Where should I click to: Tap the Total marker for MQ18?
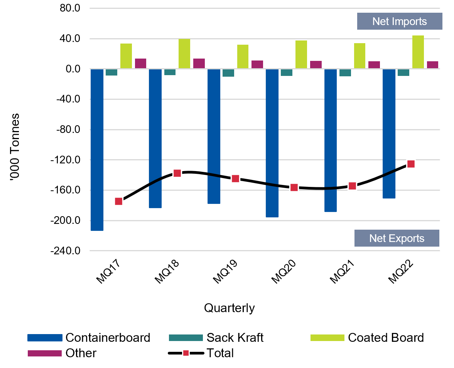click(177, 173)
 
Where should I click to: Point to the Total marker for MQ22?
click(411, 164)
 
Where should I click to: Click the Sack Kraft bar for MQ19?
click(228, 73)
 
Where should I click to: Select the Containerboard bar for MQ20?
click(272, 143)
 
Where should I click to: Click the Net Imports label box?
click(399, 21)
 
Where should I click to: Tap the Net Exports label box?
click(397, 238)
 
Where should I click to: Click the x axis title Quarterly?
click(229, 308)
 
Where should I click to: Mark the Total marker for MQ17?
click(118, 201)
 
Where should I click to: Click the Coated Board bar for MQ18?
click(184, 54)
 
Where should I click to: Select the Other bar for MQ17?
click(140, 64)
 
